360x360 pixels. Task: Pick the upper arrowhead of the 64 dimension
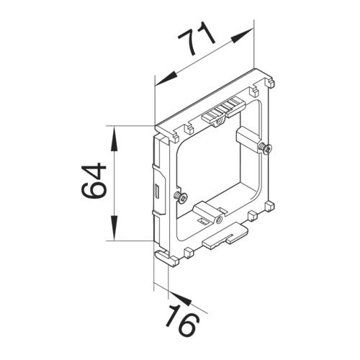(x=114, y=136)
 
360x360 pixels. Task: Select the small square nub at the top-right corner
(x=255, y=91)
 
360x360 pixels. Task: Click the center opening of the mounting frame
(x=212, y=169)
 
